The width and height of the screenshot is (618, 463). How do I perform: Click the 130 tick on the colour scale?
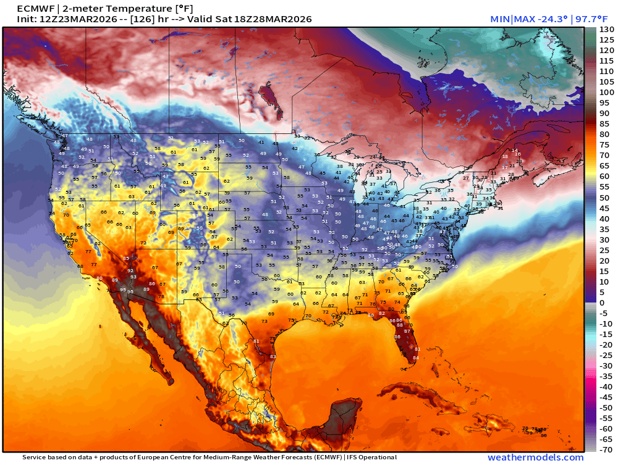click(606, 30)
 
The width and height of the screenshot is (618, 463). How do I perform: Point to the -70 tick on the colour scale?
click(606, 449)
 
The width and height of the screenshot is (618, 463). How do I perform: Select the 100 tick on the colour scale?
click(606, 93)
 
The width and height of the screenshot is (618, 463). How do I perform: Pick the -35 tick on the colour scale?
click(606, 376)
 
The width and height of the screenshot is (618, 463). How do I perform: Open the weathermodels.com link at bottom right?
click(535, 457)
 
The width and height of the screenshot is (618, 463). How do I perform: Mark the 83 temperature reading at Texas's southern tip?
click(273, 357)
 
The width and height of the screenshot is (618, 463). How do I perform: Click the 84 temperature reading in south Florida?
click(416, 358)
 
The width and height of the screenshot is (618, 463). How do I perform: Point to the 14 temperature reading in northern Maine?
click(514, 150)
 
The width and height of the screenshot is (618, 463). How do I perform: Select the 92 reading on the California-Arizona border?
click(130, 270)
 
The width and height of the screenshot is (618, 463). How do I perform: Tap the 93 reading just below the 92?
click(133, 277)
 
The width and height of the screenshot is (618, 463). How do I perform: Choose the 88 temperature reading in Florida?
click(400, 325)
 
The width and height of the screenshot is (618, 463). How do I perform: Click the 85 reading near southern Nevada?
click(126, 258)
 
